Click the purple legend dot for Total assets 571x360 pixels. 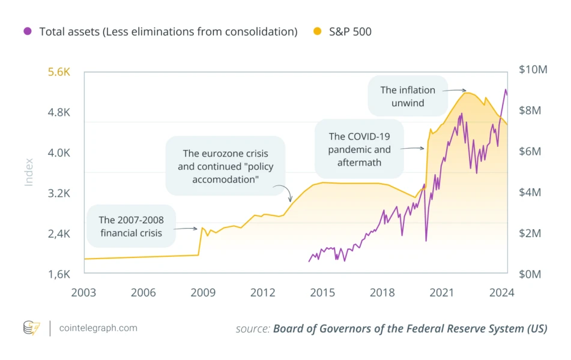[x=27, y=32]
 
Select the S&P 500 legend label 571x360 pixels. [x=350, y=32]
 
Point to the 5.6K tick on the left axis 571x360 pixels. [x=59, y=72]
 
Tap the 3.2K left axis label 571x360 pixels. [x=59, y=193]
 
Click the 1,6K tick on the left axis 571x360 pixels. [x=59, y=274]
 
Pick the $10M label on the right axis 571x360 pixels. [x=533, y=70]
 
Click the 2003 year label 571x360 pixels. [x=83, y=293]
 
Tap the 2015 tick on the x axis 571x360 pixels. [x=322, y=293]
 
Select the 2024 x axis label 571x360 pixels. [x=501, y=293]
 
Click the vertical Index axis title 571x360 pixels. [x=29, y=172]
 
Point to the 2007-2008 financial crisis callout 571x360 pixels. [x=131, y=226]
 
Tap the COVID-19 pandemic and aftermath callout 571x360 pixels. [x=359, y=149]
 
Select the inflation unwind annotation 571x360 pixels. [x=408, y=96]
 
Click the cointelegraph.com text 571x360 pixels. [x=98, y=328]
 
